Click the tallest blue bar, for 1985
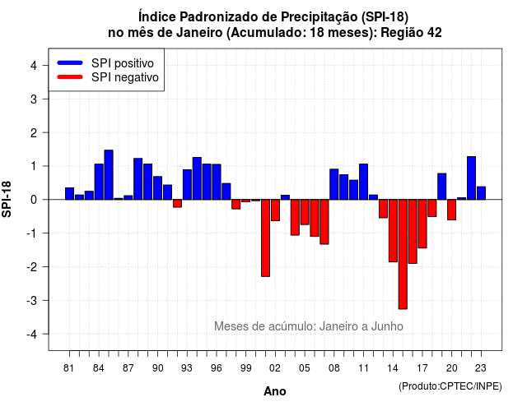[x=109, y=175]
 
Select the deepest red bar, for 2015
[x=403, y=254]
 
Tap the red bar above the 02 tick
[x=275, y=210]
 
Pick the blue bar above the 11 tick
[x=363, y=182]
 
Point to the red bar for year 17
[x=422, y=224]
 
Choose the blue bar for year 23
[x=481, y=193]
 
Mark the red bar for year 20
[x=452, y=210]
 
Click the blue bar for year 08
[x=334, y=184]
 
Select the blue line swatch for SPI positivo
[x=70, y=62]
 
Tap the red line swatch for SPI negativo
[x=70, y=76]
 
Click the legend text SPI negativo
[x=124, y=77]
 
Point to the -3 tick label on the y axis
[x=32, y=300]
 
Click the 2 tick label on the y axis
[x=34, y=133]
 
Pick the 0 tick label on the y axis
[x=34, y=200]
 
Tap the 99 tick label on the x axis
[x=245, y=368]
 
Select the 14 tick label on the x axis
[x=393, y=368]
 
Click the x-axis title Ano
[x=275, y=391]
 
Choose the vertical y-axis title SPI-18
[x=7, y=199]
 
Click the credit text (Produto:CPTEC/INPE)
[x=450, y=386]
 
